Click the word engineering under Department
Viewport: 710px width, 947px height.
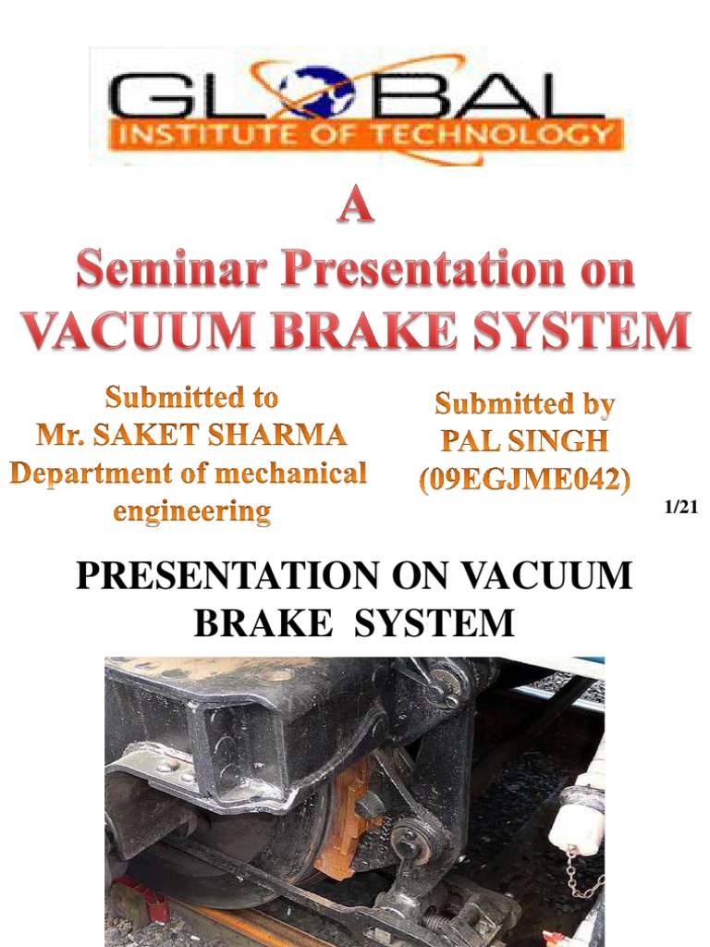click(191, 510)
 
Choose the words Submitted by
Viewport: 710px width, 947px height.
click(524, 403)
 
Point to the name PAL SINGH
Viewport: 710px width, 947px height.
click(524, 441)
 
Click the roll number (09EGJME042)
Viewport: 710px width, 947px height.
click(524, 479)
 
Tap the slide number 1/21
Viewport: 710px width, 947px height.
click(679, 507)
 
